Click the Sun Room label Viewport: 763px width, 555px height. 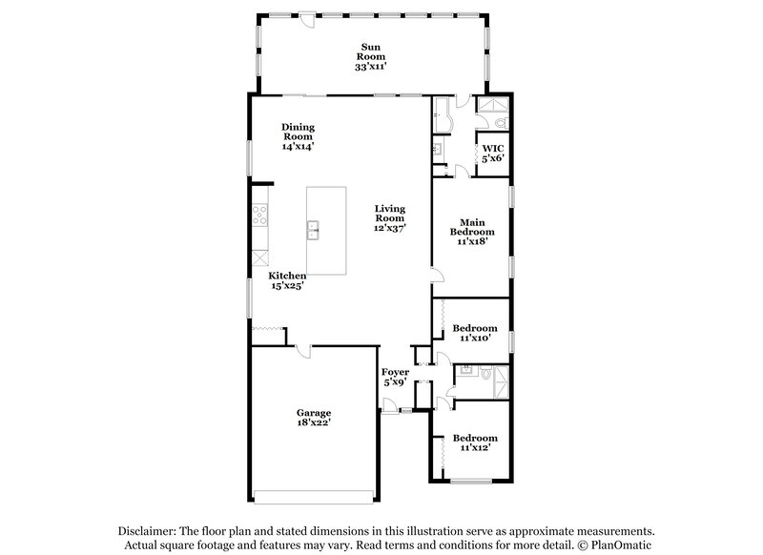[373, 56]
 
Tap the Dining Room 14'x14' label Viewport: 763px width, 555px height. [299, 136]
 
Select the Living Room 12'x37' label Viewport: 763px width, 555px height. [390, 218]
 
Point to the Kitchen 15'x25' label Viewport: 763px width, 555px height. [286, 280]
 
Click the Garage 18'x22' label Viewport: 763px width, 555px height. [313, 416]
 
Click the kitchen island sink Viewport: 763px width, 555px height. [314, 230]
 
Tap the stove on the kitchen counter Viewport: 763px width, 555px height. [258, 216]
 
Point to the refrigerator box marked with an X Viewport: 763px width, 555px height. [258, 257]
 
